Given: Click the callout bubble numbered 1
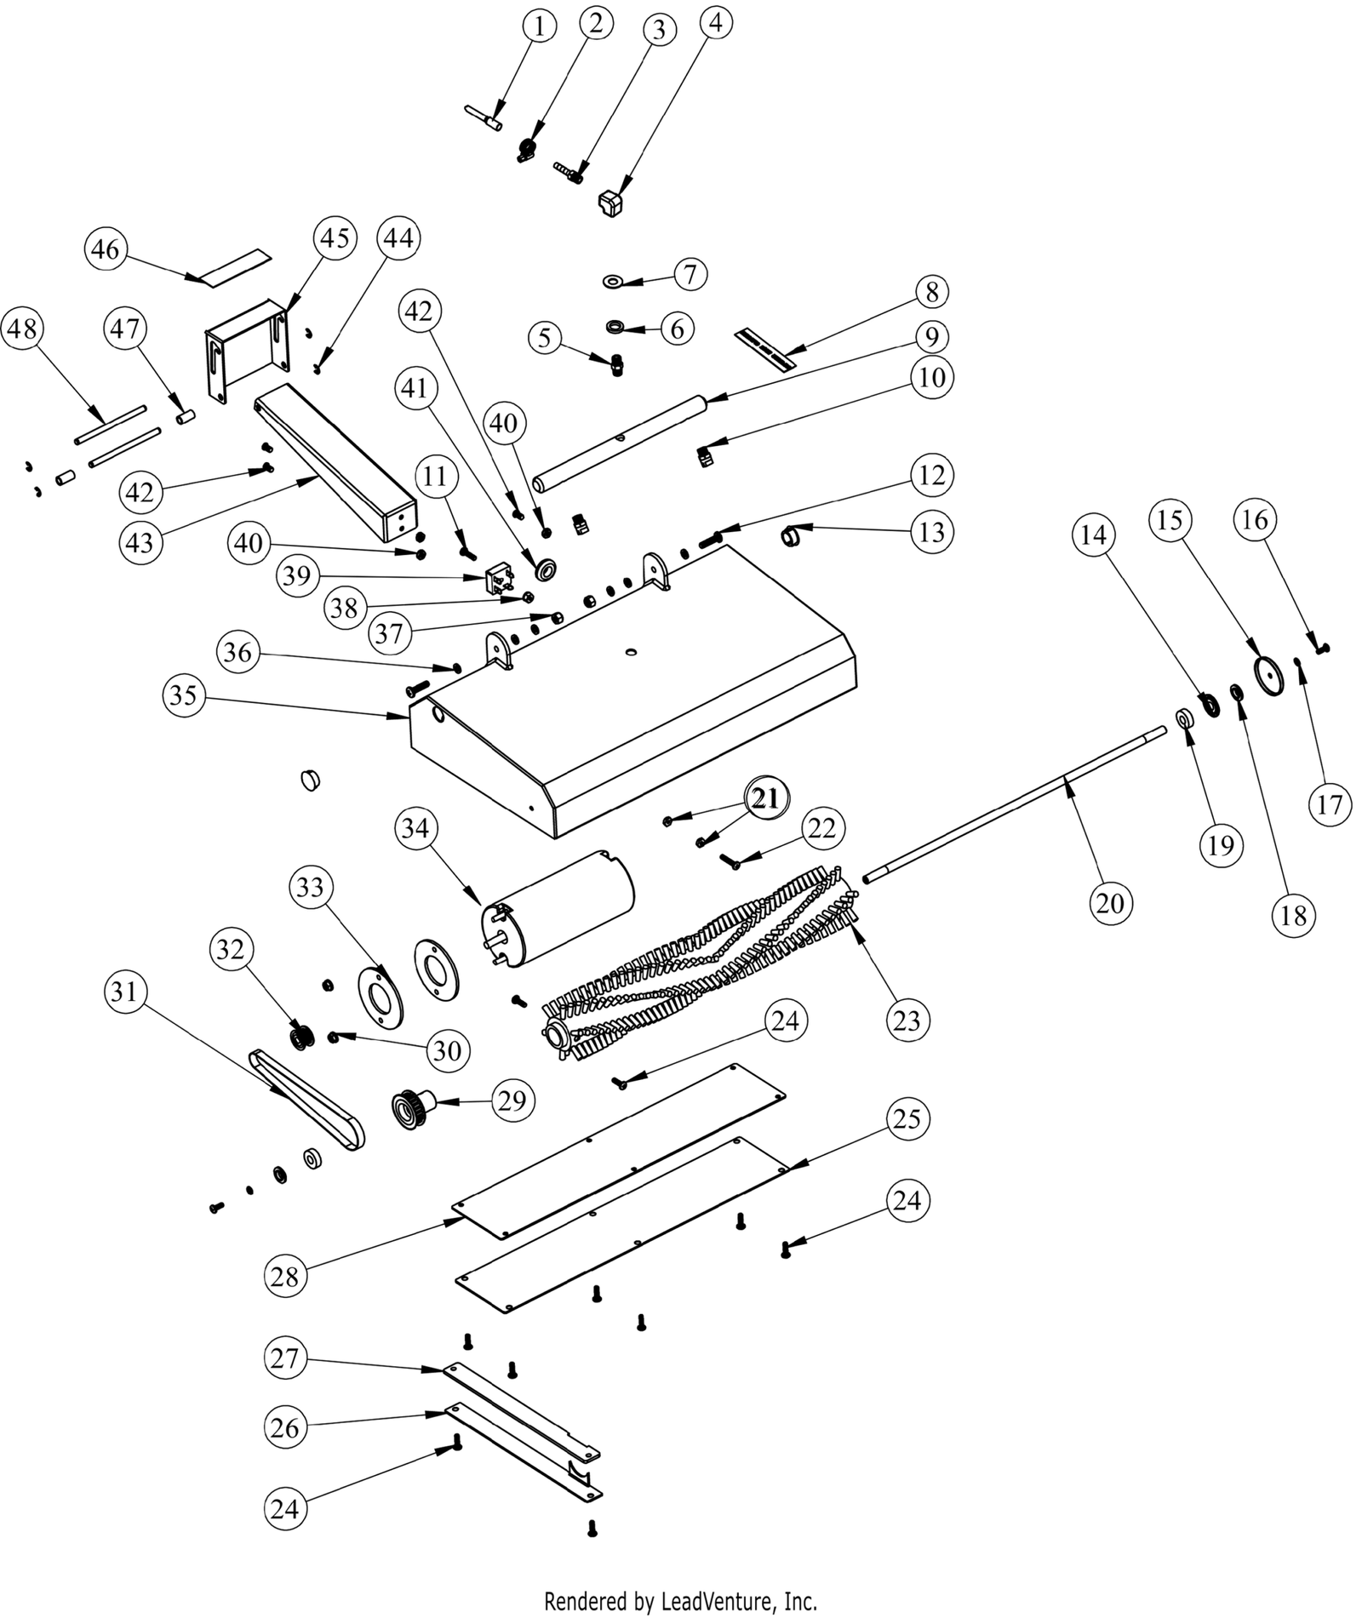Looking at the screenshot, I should [538, 27].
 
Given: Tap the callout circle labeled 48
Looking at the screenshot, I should [23, 329].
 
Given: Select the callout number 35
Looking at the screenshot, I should [183, 695].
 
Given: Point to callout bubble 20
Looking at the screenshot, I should [1110, 902].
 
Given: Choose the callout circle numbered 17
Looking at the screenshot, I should [1330, 803].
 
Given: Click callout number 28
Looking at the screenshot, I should [285, 1277].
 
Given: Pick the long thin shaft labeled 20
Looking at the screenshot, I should [1013, 800].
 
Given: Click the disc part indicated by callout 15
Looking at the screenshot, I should [1269, 677].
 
